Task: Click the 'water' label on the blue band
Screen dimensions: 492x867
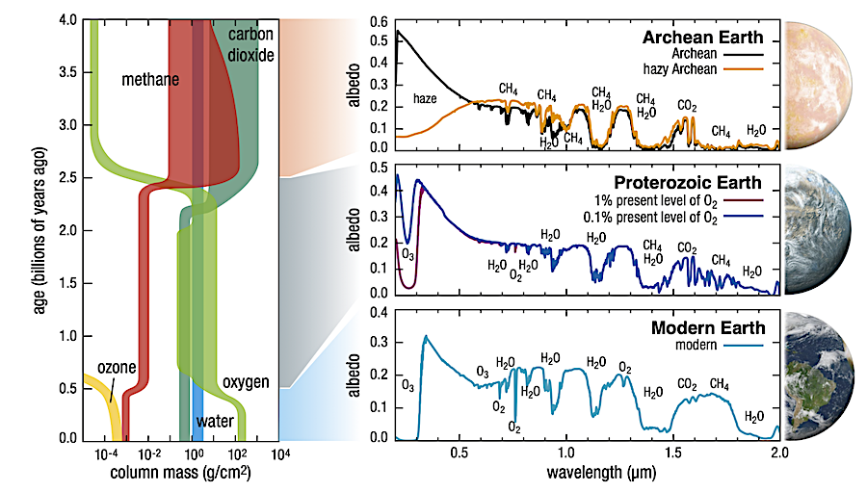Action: pos(214,421)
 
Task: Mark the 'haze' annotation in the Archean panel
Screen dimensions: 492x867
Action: pos(426,98)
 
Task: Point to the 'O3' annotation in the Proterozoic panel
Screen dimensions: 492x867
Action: pos(407,254)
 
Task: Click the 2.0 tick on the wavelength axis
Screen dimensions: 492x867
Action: pos(778,451)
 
